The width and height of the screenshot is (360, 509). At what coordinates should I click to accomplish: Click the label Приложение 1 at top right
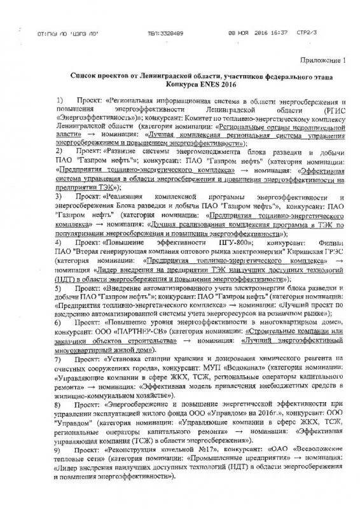(325, 62)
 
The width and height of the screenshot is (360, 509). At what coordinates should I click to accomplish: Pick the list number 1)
(59, 101)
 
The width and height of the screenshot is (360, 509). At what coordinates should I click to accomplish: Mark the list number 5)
(59, 288)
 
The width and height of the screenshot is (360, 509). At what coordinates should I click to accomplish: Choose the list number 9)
(59, 449)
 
